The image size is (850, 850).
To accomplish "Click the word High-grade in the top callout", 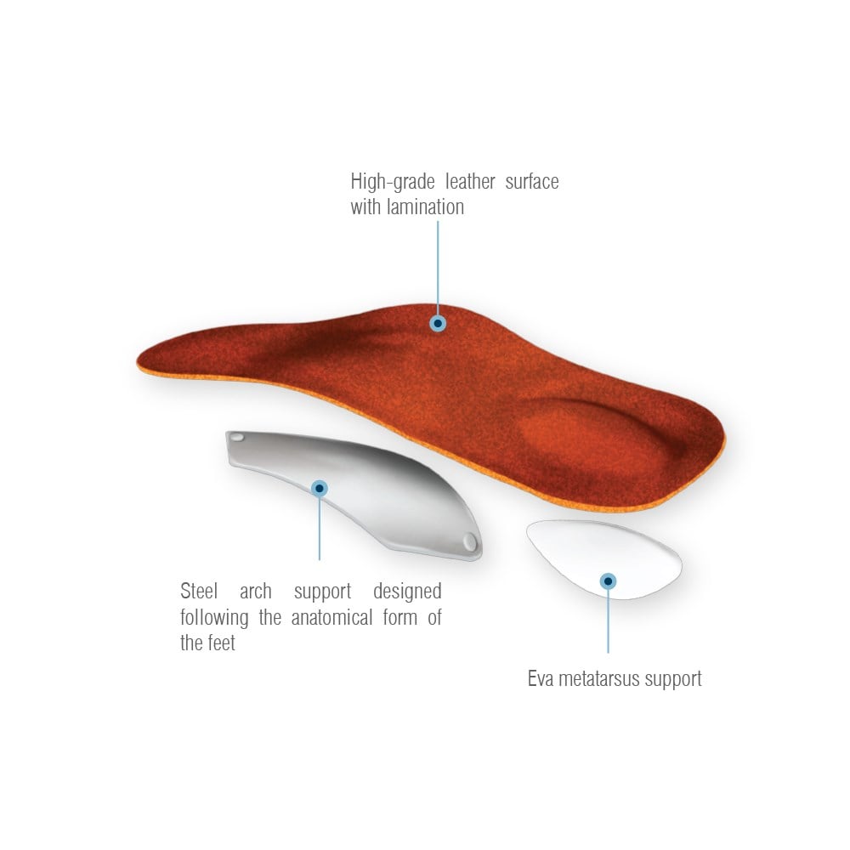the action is tap(393, 182).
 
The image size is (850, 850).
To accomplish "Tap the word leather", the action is tap(470, 182).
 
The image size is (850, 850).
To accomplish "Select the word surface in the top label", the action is tap(532, 182).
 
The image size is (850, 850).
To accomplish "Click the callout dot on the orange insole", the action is tap(438, 324).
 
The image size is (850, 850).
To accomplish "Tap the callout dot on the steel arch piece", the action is tap(320, 489).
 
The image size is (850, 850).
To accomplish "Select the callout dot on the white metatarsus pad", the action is tap(609, 581).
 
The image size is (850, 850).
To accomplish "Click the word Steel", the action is tap(199, 591).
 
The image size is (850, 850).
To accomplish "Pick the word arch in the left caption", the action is tap(256, 591).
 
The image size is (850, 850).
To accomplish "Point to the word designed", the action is tap(407, 592).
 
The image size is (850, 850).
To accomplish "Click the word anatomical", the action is tap(331, 617).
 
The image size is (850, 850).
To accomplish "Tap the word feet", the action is tap(222, 643).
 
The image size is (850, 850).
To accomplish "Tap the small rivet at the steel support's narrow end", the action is tap(237, 437).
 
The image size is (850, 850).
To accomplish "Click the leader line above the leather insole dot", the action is tap(438, 268).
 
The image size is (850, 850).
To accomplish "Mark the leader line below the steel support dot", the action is tap(320, 529).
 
